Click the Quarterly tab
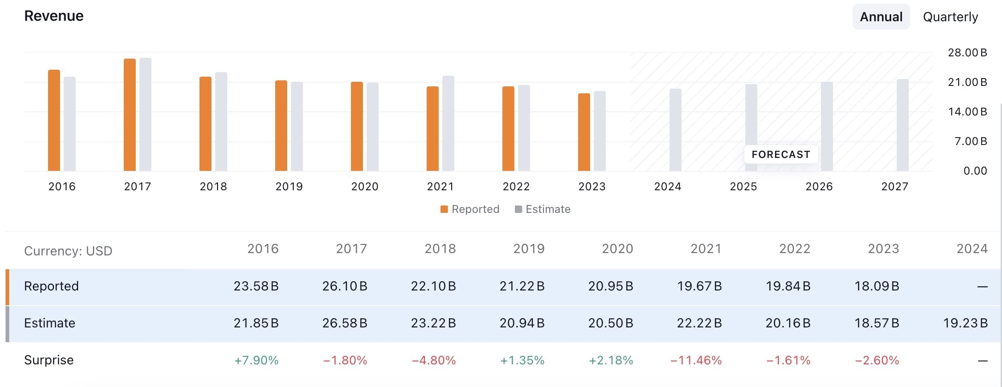950,17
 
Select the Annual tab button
881,17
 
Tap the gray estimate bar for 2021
448,123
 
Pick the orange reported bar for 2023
584,132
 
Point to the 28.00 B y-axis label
967,53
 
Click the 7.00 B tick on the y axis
970,141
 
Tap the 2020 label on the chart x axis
365,187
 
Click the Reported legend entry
470,209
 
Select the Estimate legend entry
543,209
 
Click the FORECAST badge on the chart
781,155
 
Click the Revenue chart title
54,16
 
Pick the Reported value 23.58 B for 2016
256,286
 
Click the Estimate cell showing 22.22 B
699,323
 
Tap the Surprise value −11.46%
696,360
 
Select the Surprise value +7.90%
256,360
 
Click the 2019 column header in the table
529,249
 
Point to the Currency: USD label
68,251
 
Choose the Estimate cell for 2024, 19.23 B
965,323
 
